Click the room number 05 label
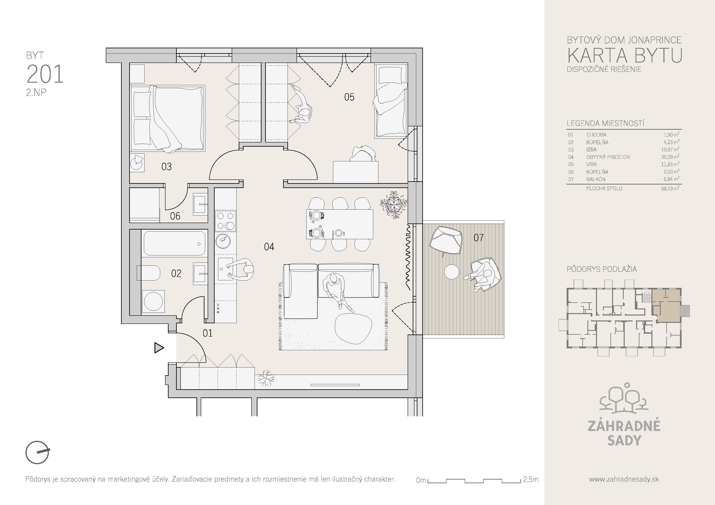coord(349,97)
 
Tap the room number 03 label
coord(167,167)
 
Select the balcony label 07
coord(479,238)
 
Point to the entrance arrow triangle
coord(159,348)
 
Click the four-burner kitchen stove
coord(225,221)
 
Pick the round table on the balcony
coord(451,272)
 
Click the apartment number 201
coord(45,74)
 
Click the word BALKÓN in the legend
coord(596,179)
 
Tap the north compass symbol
coord(37,452)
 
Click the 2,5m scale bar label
coord(531,480)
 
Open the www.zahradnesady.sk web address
coord(624,479)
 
